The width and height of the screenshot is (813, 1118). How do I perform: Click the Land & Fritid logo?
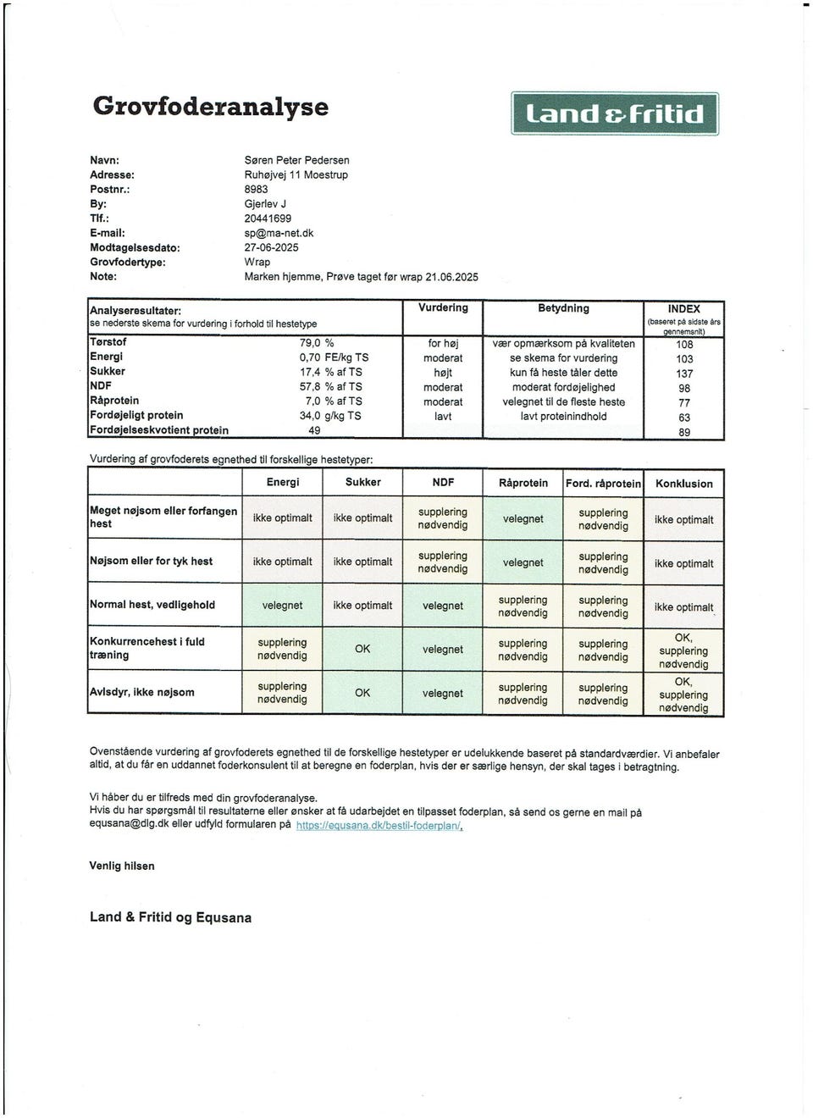pos(615,113)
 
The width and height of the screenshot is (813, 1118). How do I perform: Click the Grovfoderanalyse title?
pos(210,107)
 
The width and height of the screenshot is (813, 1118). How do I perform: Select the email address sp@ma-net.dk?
pos(279,233)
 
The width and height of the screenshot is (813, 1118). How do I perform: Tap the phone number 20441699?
pos(268,219)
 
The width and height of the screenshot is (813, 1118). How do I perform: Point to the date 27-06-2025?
pos(271,247)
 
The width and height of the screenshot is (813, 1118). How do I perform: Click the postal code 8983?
pos(256,189)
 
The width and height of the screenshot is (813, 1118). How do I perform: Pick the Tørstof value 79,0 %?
pos(317,343)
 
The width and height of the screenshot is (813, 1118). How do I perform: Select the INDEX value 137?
pos(684,374)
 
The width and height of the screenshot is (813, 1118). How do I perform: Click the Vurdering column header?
pos(443,307)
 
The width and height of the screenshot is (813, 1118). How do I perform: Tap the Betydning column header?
pos(563,308)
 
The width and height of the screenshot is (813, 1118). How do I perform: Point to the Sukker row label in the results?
pos(108,371)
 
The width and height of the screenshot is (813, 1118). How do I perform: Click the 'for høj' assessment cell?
pos(443,344)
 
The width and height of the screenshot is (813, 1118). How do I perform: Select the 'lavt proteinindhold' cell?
pos(563,417)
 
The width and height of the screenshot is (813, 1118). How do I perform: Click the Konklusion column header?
pos(683,484)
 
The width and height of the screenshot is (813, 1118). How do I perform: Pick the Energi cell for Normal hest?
pos(282,606)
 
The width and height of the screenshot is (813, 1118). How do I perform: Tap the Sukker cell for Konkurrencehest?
pos(362,649)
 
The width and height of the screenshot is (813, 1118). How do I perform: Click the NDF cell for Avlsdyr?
pos(443,693)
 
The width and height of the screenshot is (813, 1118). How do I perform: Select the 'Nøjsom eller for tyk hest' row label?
pos(151,561)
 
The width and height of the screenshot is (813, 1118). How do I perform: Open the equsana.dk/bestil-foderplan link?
pos(379,825)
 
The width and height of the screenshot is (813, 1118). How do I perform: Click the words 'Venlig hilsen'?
pos(122,866)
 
